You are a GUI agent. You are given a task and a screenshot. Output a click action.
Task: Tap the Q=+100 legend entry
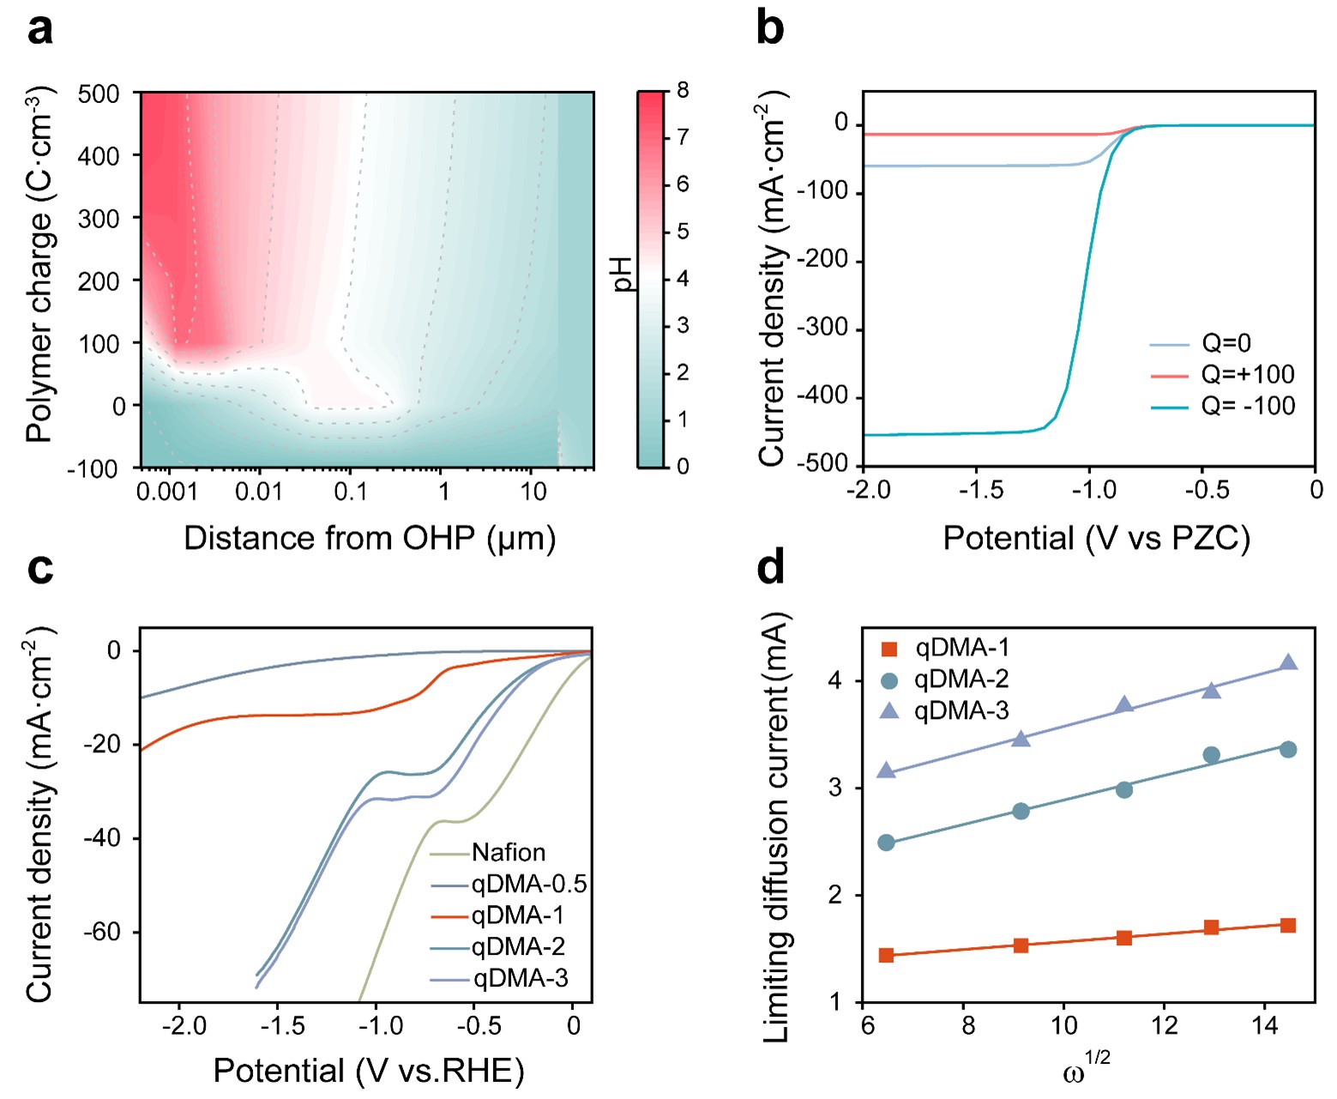1222,374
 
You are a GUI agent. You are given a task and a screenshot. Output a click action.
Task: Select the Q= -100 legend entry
1222,406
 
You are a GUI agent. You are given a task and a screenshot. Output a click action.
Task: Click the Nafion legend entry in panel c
487,852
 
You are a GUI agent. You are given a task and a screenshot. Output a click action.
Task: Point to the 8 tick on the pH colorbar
682,90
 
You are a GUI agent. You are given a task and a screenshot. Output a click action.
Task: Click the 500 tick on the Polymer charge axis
99,94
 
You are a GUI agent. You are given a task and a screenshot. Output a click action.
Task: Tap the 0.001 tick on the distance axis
167,491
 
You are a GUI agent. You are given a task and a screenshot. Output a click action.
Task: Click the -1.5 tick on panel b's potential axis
976,490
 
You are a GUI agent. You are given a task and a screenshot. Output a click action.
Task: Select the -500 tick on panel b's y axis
821,464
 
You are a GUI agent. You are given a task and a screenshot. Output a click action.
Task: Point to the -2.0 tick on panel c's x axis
184,1025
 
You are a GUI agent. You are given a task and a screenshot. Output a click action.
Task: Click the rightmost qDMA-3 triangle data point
1289,662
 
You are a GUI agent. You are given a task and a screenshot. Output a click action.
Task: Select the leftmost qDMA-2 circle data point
886,842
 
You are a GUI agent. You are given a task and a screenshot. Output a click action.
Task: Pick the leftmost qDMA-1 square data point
886,955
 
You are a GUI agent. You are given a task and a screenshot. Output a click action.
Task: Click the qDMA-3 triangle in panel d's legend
890,711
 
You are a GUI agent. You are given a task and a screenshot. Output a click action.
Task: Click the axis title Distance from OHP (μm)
370,539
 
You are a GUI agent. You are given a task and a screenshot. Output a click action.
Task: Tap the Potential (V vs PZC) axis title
1097,539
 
